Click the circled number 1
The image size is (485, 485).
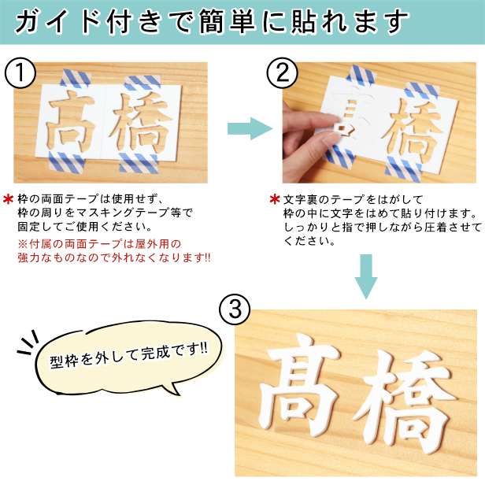click(20, 73)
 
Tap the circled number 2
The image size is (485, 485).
click(283, 73)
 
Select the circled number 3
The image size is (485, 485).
click(235, 309)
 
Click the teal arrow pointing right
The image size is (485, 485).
click(250, 128)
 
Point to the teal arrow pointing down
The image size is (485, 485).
click(366, 277)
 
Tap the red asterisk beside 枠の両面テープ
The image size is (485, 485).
click(9, 199)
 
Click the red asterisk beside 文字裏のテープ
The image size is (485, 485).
click(275, 199)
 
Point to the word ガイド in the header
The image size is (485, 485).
click(57, 21)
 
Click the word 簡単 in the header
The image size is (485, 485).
click(227, 21)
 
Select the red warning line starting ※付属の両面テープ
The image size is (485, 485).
click(99, 244)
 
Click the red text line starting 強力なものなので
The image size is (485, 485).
click(114, 257)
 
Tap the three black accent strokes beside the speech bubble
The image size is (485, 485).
click(28, 342)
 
